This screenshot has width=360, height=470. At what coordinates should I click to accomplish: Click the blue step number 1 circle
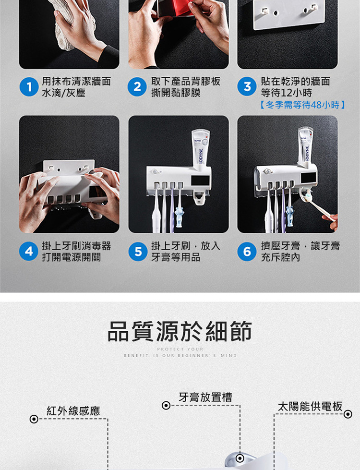(x=29, y=87)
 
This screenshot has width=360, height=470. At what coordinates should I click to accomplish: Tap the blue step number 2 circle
(x=137, y=86)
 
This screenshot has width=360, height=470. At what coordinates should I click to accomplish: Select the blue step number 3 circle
(x=247, y=86)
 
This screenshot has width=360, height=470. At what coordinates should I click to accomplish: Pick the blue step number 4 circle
(x=29, y=251)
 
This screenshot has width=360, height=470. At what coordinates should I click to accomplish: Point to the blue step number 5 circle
(x=138, y=252)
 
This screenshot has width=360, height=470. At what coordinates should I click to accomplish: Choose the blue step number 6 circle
(x=247, y=252)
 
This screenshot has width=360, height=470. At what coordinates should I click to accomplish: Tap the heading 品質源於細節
(x=180, y=331)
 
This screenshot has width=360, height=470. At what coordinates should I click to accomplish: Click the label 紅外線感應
(x=73, y=410)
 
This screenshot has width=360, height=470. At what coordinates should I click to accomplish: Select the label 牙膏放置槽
(x=205, y=397)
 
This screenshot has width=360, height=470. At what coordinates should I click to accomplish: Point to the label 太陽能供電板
(x=310, y=407)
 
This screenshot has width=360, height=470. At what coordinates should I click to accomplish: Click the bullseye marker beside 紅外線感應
(x=34, y=419)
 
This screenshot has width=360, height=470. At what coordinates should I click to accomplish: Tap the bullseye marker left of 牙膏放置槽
(x=166, y=406)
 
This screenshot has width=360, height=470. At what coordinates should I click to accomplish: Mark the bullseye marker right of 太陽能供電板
(x=348, y=414)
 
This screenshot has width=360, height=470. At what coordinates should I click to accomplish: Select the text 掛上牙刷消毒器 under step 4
(x=76, y=246)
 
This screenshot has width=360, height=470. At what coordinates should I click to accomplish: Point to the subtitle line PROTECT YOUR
(x=180, y=349)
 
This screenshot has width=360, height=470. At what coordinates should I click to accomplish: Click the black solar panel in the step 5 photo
(x=200, y=181)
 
